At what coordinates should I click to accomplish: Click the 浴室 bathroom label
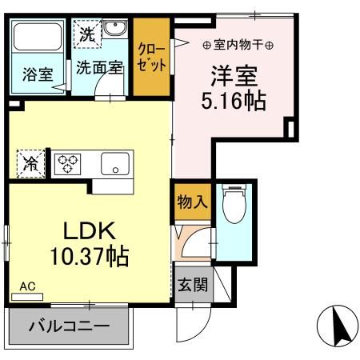(x=37, y=75)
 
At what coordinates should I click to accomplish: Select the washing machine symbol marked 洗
(x=86, y=34)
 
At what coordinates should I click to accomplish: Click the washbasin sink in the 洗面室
(x=115, y=29)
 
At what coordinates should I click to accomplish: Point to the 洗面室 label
(x=100, y=69)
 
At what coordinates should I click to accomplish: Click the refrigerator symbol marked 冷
(x=30, y=163)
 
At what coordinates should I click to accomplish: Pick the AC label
(x=26, y=286)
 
